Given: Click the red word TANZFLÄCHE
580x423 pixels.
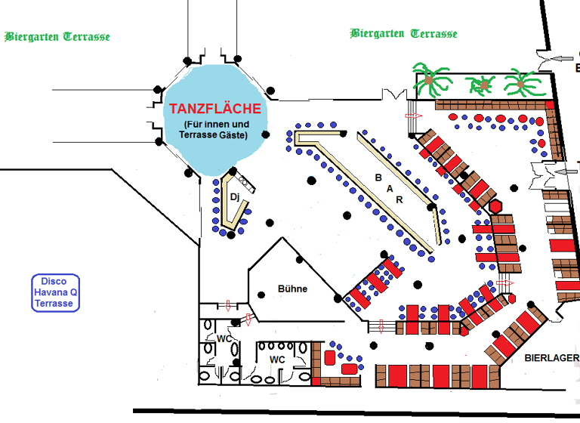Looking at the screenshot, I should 215,108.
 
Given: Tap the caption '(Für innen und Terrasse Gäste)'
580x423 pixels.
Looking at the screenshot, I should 215,129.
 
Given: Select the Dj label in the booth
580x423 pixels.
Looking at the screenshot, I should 234,196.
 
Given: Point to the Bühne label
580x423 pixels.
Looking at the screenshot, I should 292,289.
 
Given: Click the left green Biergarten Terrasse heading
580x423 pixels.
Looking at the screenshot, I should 57,36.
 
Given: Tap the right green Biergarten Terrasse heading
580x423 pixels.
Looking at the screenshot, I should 404,33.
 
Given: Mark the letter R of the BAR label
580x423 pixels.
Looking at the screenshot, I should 400,199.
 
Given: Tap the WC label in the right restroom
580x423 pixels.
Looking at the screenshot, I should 278,359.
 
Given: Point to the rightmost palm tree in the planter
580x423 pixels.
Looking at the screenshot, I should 520,81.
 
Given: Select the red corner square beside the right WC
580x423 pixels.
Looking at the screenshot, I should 329,356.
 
